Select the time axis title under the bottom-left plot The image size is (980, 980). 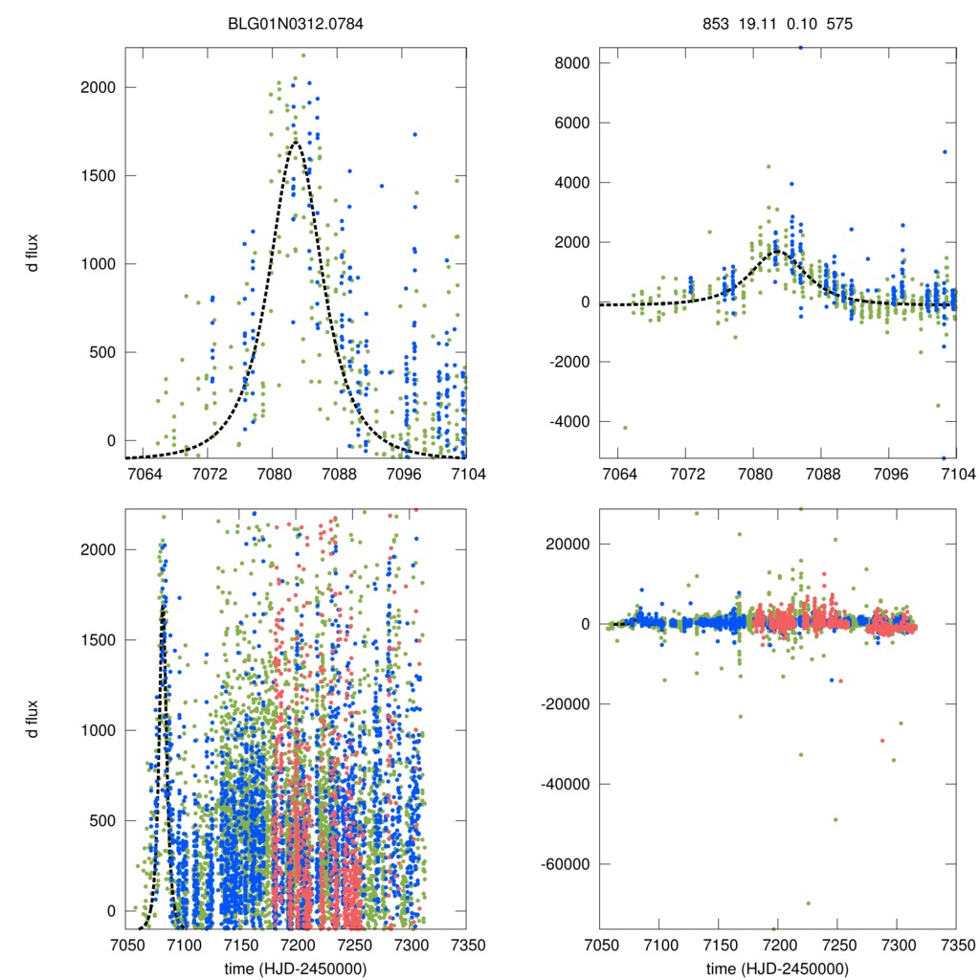(296, 969)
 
